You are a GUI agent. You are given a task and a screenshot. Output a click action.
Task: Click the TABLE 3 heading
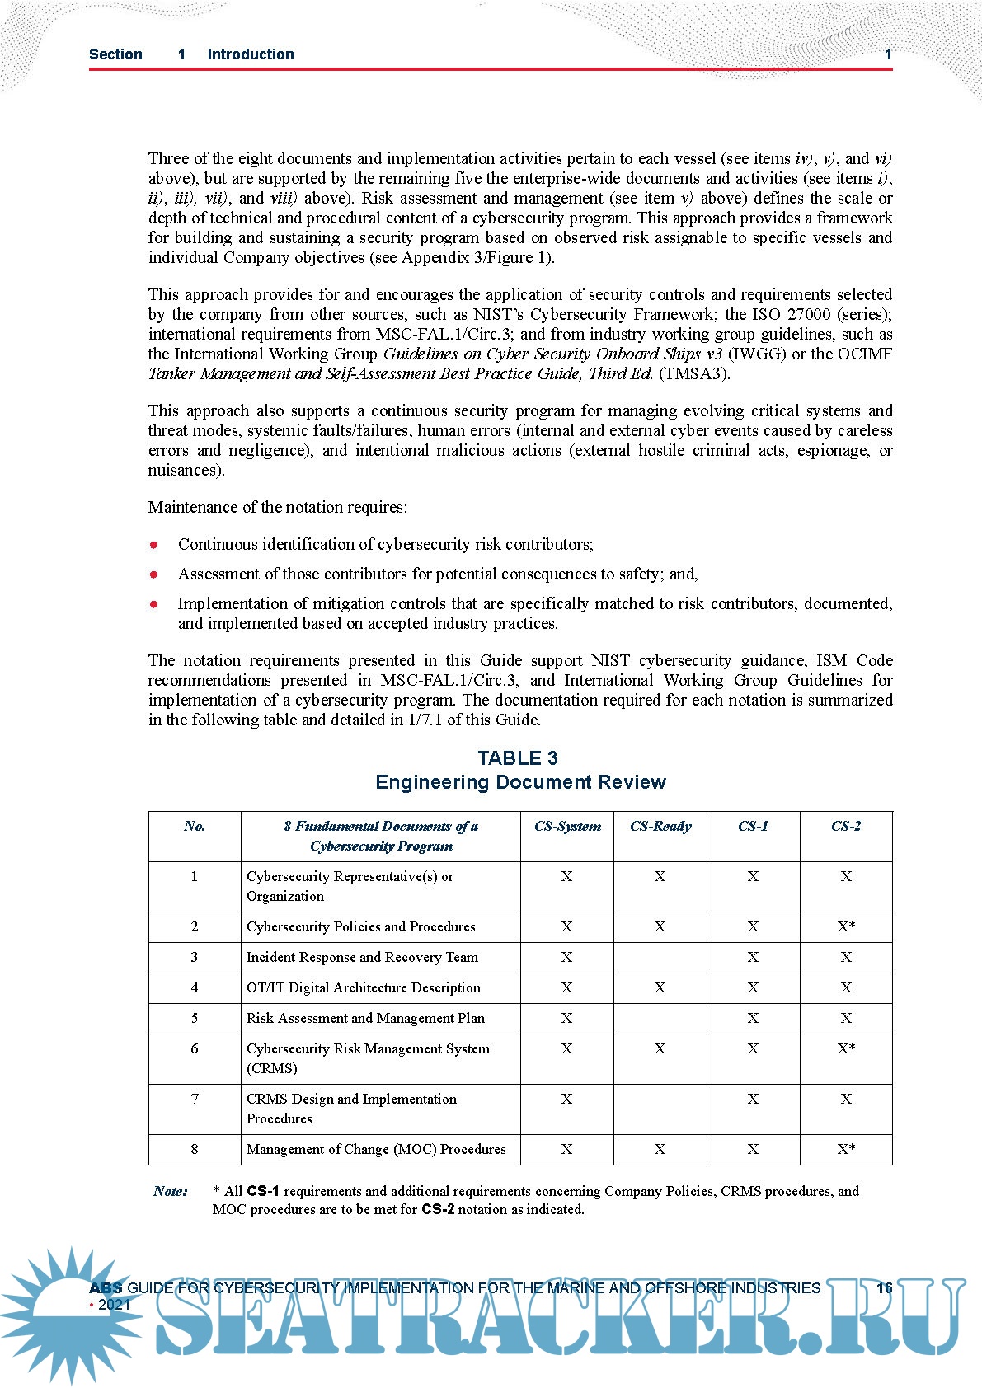(518, 758)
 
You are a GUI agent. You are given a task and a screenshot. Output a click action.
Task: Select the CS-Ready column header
(660, 827)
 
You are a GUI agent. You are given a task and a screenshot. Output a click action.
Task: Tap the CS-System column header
(567, 827)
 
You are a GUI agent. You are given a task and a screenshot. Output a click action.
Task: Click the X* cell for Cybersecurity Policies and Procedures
(846, 926)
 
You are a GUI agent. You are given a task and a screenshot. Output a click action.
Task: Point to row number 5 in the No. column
(195, 1018)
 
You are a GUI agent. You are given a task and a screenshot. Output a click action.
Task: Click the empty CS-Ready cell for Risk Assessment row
(660, 1018)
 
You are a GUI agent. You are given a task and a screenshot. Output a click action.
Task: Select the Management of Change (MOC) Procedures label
(376, 1149)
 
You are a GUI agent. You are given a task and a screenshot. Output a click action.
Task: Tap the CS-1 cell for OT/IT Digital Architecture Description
(753, 987)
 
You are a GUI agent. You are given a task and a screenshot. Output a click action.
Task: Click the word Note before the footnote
(170, 1191)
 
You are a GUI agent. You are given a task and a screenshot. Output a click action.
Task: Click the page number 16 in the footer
(884, 1288)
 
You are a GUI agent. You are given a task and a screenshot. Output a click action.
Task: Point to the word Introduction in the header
(251, 54)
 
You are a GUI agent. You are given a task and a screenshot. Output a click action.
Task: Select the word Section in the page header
(115, 54)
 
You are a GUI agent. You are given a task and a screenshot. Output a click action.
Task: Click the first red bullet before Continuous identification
(154, 545)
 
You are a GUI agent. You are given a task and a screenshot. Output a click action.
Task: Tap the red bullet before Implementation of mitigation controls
(154, 604)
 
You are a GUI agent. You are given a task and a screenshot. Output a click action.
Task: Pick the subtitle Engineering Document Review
(520, 782)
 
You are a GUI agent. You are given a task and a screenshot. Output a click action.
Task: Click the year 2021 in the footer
(114, 1305)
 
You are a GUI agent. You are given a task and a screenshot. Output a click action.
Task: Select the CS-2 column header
(846, 827)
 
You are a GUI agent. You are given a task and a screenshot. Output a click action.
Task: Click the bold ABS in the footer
(106, 1288)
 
